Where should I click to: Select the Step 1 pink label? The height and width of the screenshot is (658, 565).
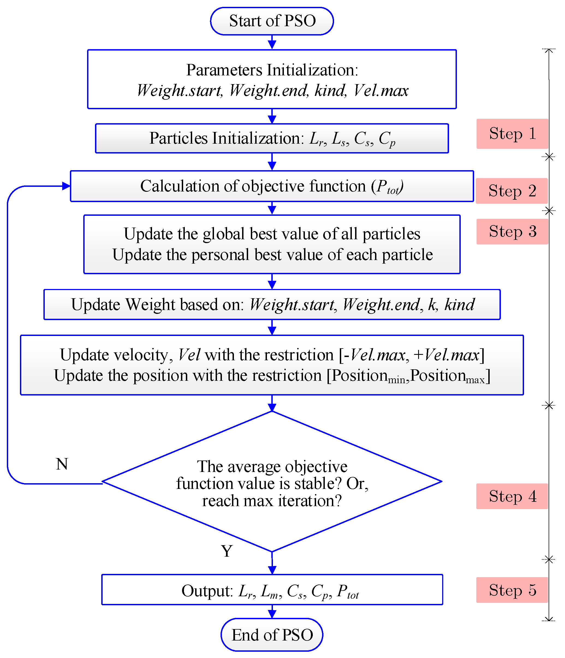512,134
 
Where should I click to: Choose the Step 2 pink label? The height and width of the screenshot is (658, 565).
512,191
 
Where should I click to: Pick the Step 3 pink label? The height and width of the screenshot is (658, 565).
512,232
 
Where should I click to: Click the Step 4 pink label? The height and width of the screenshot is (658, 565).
512,496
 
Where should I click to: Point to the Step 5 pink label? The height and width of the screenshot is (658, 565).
512,590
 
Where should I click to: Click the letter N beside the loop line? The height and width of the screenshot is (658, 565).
62,464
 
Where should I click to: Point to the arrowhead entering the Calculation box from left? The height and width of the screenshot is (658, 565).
66,186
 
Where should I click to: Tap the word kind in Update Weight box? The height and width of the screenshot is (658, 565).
459,304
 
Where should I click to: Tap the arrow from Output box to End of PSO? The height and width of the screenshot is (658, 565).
272,612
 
